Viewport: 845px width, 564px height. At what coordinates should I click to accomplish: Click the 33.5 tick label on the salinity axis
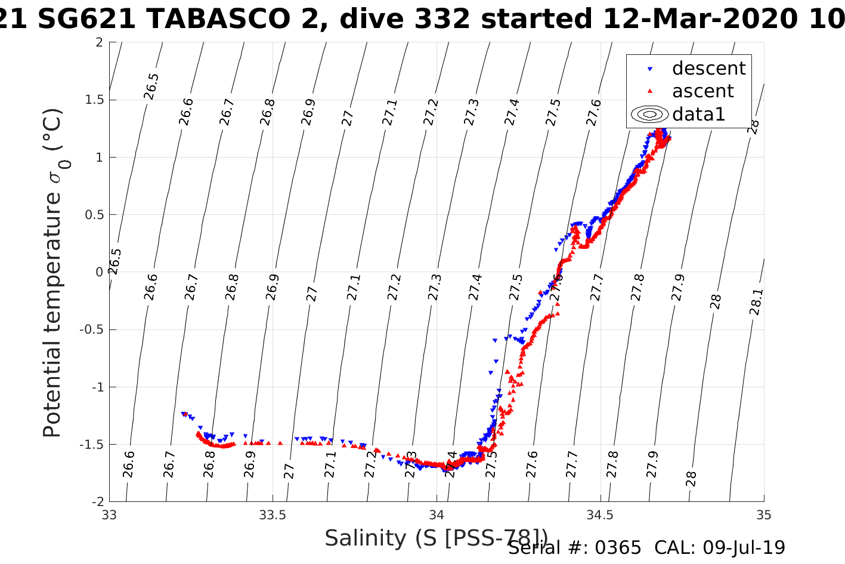coord(273,515)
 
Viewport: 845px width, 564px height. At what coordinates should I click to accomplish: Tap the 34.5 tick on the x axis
coord(600,515)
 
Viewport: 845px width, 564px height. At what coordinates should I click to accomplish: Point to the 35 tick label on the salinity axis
coord(763,515)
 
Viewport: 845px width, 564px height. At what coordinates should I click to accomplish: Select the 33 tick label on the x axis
coord(109,515)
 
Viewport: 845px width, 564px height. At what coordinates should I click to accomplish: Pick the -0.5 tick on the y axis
coord(89,329)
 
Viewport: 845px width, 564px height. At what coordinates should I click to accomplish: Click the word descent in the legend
coord(708,69)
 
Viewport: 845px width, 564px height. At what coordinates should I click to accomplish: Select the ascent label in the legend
coord(702,91)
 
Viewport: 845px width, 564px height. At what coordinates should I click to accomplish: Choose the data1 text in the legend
coord(698,114)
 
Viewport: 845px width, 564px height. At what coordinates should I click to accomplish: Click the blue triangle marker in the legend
coord(650,69)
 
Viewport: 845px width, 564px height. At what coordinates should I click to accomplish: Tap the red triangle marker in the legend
coord(650,91)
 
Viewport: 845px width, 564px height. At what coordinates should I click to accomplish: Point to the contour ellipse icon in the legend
coord(650,114)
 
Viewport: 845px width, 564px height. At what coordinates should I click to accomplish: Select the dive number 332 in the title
coord(441,19)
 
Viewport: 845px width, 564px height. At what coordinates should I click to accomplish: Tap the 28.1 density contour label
coord(756,302)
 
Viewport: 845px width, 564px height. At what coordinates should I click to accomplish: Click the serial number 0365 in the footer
coord(617,548)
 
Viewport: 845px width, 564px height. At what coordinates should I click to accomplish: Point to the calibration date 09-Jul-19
coord(744,548)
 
